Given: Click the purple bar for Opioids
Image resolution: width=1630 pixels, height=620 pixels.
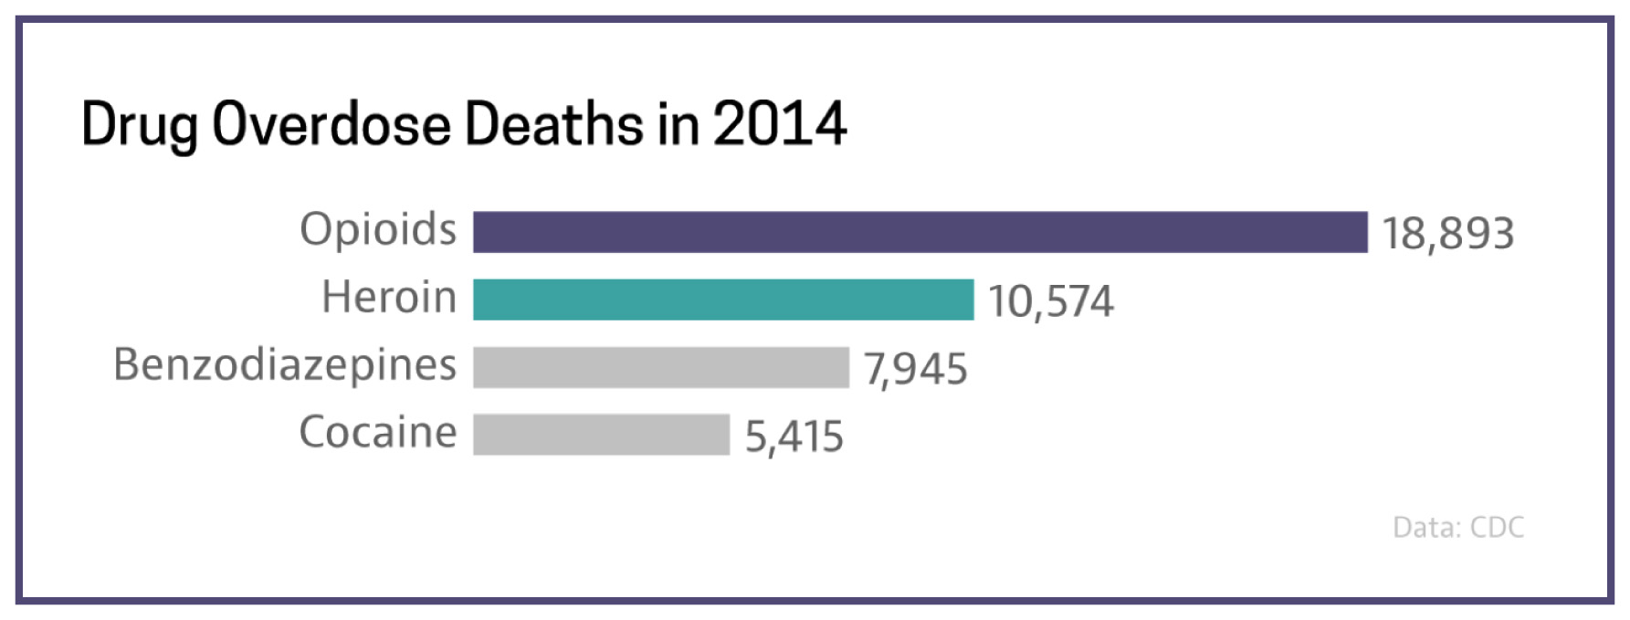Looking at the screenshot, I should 920,232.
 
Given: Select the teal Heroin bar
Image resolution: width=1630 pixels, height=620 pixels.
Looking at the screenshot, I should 723,299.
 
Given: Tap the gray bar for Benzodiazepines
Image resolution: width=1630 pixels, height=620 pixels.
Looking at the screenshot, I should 661,367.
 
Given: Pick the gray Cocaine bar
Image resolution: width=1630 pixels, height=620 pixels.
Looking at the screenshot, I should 601,435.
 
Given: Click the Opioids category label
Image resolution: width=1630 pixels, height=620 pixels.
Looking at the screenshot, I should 378,229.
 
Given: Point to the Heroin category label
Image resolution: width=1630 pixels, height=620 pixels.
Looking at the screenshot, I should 389,298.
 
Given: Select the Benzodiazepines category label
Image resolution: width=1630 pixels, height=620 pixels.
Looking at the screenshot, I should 285,365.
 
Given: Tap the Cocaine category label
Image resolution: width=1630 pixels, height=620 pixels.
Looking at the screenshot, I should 378,433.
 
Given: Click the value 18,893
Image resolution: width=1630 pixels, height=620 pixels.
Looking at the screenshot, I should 1447,234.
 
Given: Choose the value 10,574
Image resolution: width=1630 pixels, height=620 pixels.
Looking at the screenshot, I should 1050,301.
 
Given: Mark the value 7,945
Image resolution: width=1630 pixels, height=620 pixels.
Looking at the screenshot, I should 915,369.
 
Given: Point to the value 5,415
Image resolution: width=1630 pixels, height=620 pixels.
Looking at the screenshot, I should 794,436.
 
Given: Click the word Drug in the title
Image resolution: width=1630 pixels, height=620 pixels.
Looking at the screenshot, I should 139,125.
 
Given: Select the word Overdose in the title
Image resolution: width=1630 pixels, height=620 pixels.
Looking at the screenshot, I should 331,123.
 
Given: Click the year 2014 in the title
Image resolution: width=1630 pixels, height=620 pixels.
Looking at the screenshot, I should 780,123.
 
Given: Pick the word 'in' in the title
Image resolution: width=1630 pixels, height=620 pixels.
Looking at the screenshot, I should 678,123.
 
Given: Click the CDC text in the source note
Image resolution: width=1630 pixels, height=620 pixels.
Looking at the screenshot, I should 1498,528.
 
